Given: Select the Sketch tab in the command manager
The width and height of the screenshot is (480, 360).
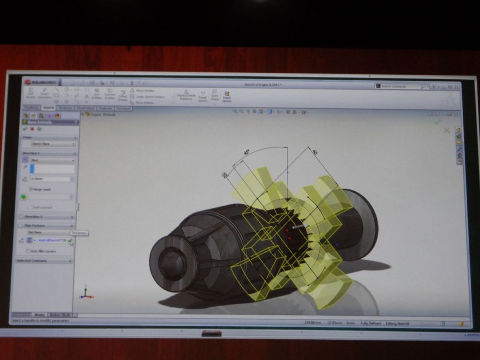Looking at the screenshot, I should (x=49, y=108).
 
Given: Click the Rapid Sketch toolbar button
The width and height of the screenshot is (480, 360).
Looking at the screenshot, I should (x=227, y=96).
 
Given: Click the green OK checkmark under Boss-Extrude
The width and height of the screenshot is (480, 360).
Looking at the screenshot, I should (x=25, y=129).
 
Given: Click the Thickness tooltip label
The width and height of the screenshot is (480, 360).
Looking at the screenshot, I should (x=79, y=233).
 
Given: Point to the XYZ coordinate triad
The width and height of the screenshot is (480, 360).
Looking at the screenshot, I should (x=85, y=293).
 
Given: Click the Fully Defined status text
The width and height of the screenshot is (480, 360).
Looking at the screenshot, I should (x=370, y=323).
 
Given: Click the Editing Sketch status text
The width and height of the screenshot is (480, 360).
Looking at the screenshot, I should (x=398, y=323).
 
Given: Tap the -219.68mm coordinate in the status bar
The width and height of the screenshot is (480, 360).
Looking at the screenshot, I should (x=312, y=323).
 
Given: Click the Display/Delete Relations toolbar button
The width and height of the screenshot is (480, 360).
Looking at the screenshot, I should (x=186, y=96).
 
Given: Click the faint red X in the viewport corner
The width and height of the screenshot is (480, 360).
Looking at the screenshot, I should (x=446, y=130).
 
